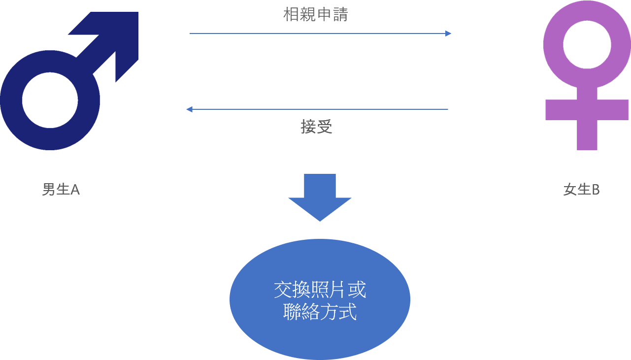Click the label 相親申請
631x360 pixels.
coord(315,15)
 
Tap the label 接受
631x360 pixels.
coord(316,127)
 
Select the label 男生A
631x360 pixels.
coord(61,190)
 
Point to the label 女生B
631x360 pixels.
coord(581,190)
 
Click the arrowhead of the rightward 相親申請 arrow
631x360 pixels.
coord(448,33)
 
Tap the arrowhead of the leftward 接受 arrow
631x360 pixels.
coord(189,109)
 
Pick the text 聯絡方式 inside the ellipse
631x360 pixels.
coord(320,313)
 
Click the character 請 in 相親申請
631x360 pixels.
coord(340,15)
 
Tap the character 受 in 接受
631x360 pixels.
coord(325,127)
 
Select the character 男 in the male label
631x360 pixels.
coord(48,190)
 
